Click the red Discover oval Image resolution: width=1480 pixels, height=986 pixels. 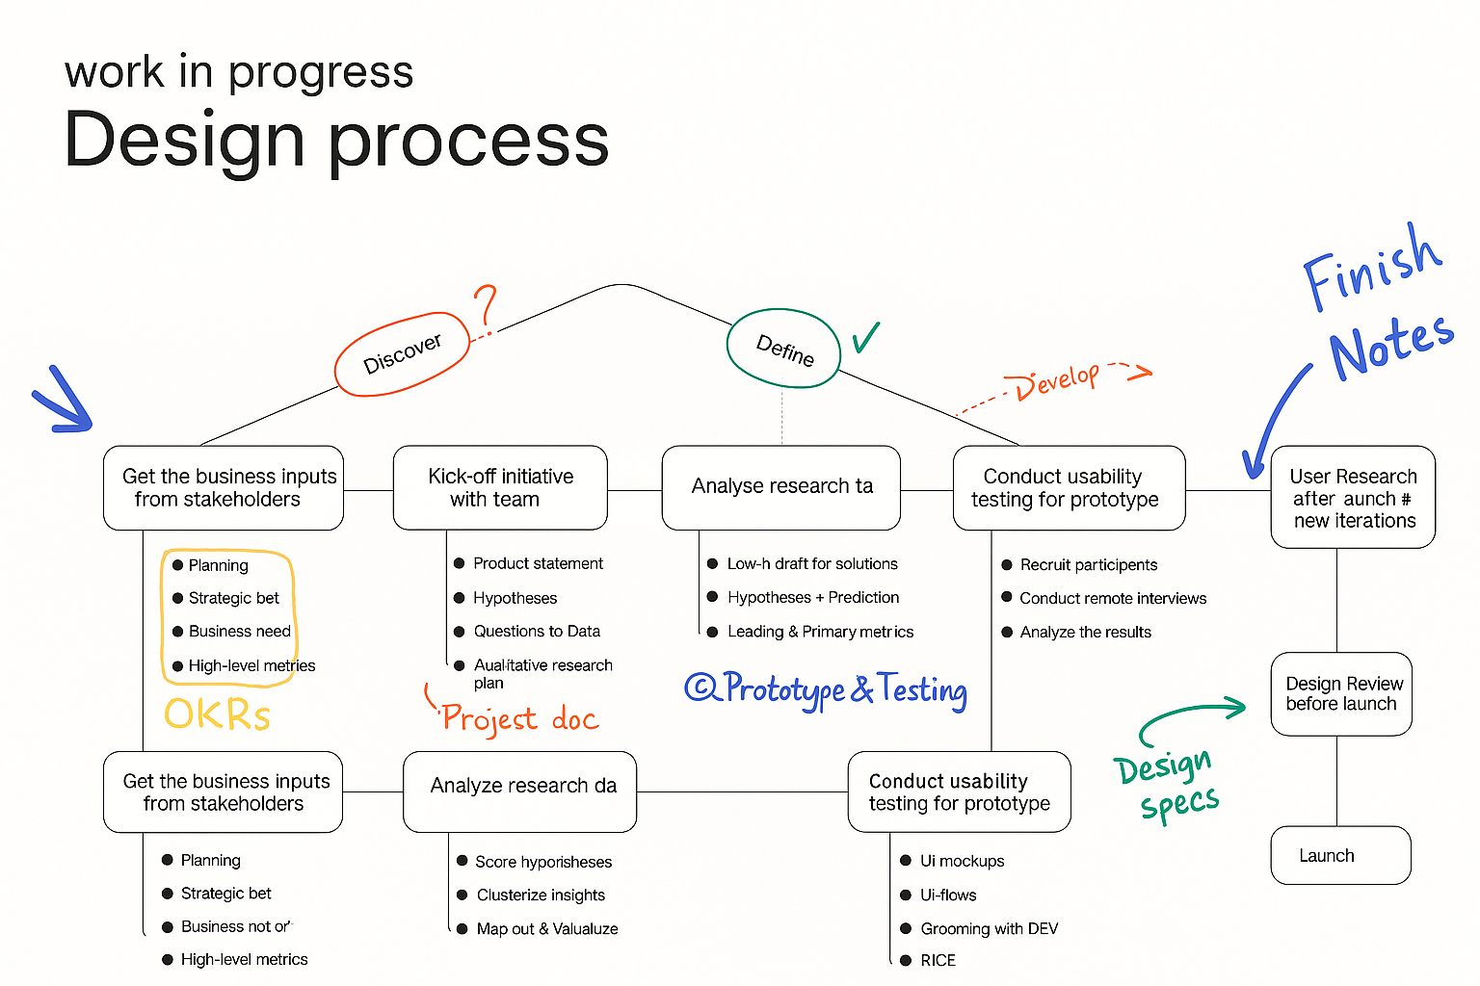[402, 354]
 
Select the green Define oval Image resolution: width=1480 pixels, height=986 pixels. [783, 349]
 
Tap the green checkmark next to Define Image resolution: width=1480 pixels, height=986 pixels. [865, 337]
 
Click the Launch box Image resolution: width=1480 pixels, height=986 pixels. [1340, 855]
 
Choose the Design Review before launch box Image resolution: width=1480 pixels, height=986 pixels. [1340, 694]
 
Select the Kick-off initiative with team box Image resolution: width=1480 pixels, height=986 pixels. [500, 487]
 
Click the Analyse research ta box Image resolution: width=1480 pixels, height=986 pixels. [781, 487]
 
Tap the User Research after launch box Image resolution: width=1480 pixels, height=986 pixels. [1353, 498]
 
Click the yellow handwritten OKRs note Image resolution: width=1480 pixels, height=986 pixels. [217, 714]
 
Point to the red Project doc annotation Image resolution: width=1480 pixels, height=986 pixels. [518, 718]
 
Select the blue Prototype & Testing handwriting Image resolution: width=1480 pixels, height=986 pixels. [827, 689]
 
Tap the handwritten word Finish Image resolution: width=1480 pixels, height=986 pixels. [1372, 268]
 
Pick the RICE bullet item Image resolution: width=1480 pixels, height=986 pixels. [938, 960]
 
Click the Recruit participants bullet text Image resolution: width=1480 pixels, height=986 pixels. [1088, 565]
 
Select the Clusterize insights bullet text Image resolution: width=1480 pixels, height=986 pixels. [541, 895]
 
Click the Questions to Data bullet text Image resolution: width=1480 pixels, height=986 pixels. [537, 632]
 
